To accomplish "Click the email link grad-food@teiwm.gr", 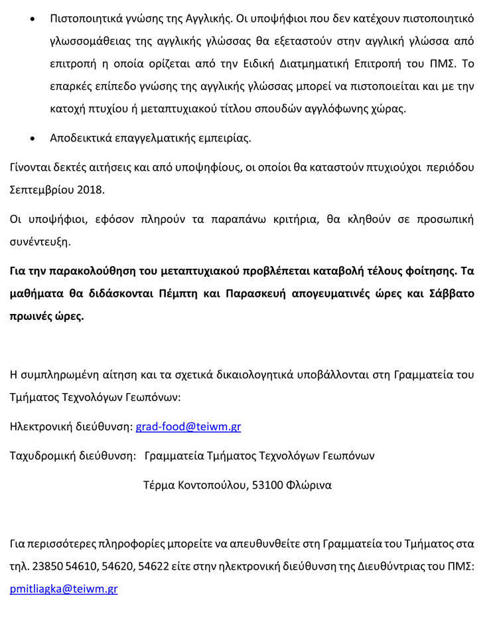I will (188, 427).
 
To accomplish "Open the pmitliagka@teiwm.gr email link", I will (63, 589).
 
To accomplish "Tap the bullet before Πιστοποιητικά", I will (34, 18).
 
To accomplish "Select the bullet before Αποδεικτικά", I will (34, 138).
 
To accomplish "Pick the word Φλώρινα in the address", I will (309, 485).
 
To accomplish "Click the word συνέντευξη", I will (40, 242).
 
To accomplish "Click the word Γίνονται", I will (31, 167).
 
